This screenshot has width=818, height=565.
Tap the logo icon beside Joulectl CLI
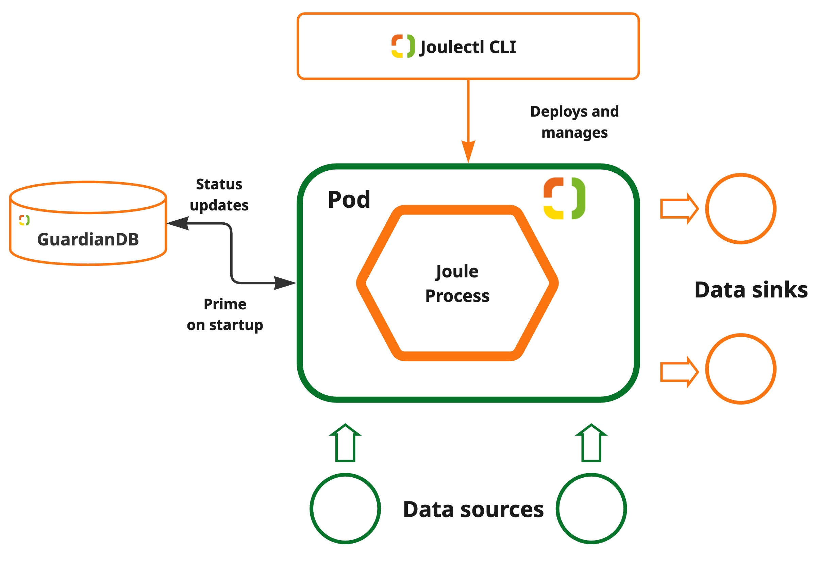pyautogui.click(x=403, y=46)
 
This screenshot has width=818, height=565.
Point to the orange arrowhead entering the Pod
pyautogui.click(x=468, y=151)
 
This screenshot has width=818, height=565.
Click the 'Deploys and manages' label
pyautogui.click(x=574, y=122)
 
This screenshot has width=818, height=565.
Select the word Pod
pyautogui.click(x=349, y=200)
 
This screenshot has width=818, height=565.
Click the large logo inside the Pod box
pyautogui.click(x=564, y=198)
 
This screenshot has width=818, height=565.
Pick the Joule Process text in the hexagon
pyautogui.click(x=457, y=284)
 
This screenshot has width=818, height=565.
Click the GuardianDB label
pyautogui.click(x=88, y=240)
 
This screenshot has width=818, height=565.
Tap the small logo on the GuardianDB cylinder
pyautogui.click(x=24, y=220)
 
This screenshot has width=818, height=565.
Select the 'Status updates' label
pyautogui.click(x=219, y=195)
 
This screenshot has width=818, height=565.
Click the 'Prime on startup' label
pyautogui.click(x=225, y=314)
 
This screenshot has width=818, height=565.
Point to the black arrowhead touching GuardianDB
pyautogui.click(x=178, y=223)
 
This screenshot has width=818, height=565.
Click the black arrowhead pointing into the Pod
pyautogui.click(x=285, y=283)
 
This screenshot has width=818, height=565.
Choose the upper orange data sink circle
pyautogui.click(x=740, y=208)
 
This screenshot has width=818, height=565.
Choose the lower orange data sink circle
pyautogui.click(x=740, y=369)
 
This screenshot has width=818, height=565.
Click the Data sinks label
pyautogui.click(x=751, y=290)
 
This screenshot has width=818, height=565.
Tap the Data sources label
pyautogui.click(x=473, y=510)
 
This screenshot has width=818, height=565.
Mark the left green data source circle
pyautogui.click(x=345, y=509)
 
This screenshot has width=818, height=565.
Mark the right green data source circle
pyautogui.click(x=591, y=509)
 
